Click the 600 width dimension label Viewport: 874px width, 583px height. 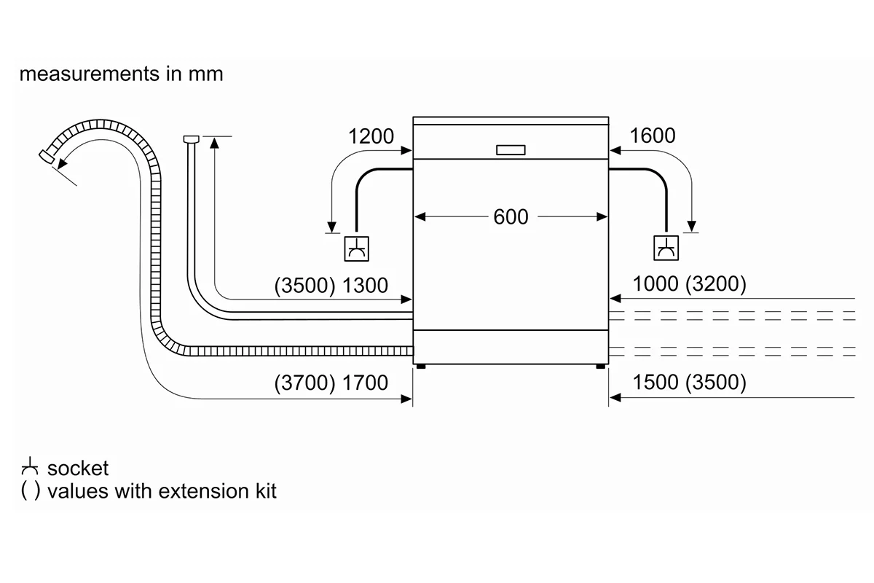pyautogui.click(x=511, y=216)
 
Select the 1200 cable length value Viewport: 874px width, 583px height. pyautogui.click(x=371, y=136)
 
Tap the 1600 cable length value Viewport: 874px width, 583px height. pyautogui.click(x=653, y=136)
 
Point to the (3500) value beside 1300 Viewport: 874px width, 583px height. pyautogui.click(x=304, y=286)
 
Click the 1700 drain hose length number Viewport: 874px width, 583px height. pyautogui.click(x=365, y=383)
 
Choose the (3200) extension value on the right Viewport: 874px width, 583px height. pyautogui.click(x=716, y=284)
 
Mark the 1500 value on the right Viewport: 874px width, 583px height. pyautogui.click(x=655, y=382)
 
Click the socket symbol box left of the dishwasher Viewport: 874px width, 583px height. pyautogui.click(x=356, y=249)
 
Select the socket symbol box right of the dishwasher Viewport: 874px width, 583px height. pyautogui.click(x=666, y=248)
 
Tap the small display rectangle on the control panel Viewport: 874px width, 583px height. pyautogui.click(x=511, y=150)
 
